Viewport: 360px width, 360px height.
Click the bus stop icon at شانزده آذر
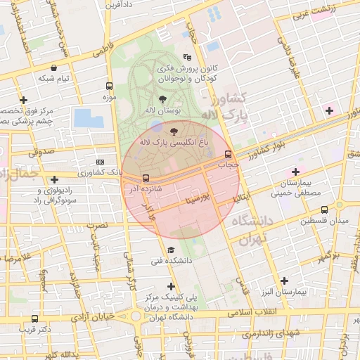[146, 178]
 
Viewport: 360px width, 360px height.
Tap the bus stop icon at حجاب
[228, 154]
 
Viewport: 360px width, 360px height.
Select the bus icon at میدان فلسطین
[324, 210]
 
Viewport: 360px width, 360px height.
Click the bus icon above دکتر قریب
[35, 319]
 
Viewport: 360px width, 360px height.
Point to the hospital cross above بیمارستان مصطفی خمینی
[295, 172]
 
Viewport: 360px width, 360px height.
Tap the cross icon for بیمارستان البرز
[283, 281]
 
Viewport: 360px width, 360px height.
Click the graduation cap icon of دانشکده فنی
[170, 250]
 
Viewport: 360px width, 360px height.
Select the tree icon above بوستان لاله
[164, 99]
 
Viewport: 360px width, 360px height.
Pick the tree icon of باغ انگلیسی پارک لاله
[174, 130]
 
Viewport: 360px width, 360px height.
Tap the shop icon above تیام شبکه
[54, 67]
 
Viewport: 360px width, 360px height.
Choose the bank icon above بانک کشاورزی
[99, 161]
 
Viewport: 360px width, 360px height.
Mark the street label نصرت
[96, 226]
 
